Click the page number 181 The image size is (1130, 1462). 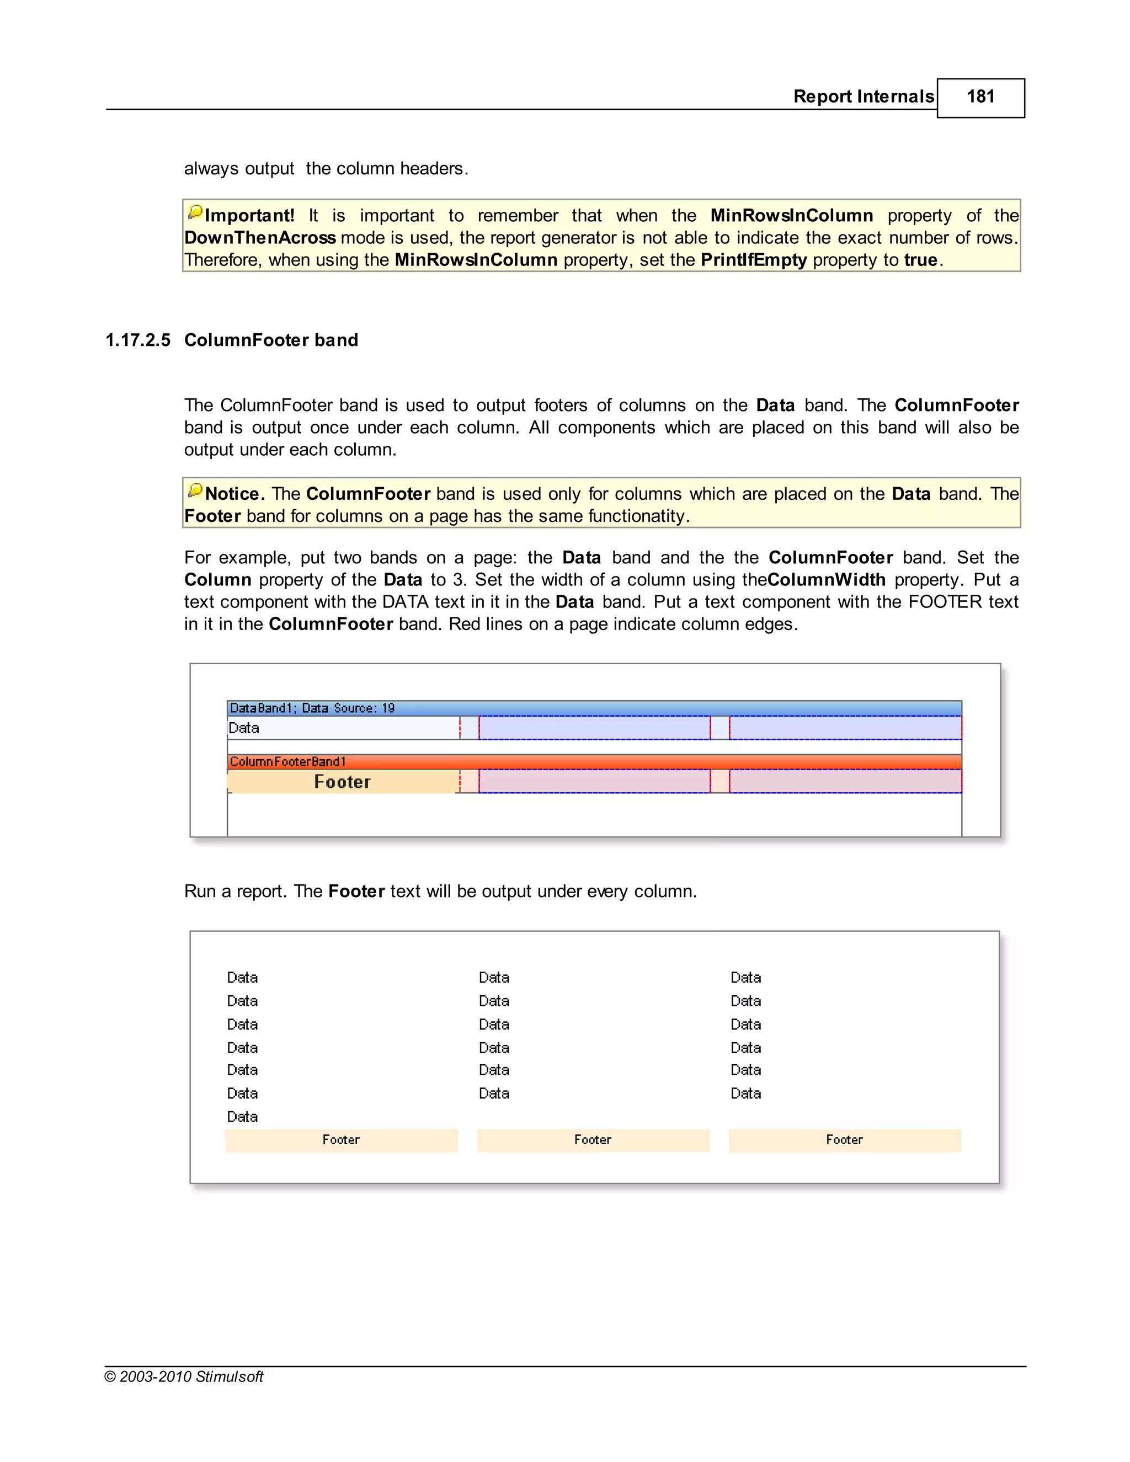[980, 97]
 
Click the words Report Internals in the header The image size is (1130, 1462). [863, 97]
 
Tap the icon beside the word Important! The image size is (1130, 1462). [195, 213]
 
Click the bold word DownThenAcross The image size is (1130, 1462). [260, 238]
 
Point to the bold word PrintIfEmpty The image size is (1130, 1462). [753, 260]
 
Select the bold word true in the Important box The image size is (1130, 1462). [920, 260]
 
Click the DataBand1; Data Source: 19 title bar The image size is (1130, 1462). [594, 708]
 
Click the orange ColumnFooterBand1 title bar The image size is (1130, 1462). [594, 762]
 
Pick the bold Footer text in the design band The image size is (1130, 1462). [342, 782]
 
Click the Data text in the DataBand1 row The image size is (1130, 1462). [244, 728]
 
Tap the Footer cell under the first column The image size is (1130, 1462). [341, 1140]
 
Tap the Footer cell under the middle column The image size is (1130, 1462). [593, 1140]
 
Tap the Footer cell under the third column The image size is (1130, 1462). [844, 1140]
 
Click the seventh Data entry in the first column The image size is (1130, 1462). [242, 1117]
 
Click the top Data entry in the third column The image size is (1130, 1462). [746, 978]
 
